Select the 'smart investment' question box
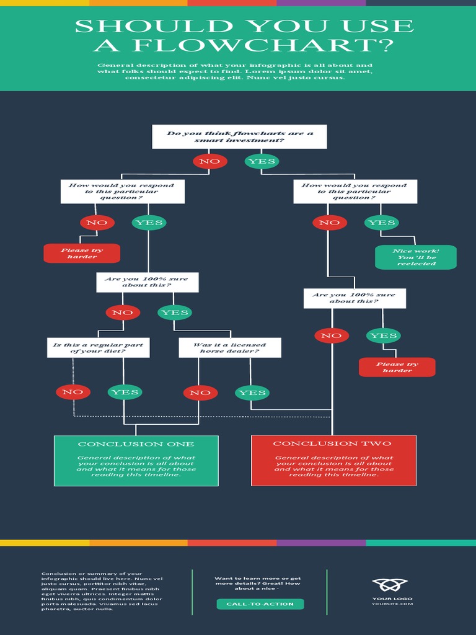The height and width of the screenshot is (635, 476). pyautogui.click(x=239, y=136)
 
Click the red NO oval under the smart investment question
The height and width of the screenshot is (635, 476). pyautogui.click(x=209, y=161)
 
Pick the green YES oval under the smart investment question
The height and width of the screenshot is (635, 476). pyautogui.click(x=262, y=161)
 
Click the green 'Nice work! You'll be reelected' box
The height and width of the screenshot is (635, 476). pyautogui.click(x=416, y=257)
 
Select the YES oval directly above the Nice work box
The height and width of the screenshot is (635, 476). pyautogui.click(x=381, y=222)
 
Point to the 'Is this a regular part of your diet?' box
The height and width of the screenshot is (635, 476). pyautogui.click(x=98, y=348)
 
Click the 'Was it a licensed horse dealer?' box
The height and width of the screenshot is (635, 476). pyautogui.click(x=229, y=348)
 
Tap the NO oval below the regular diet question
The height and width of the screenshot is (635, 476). pyautogui.click(x=73, y=392)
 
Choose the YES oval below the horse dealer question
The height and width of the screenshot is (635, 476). pyautogui.click(x=252, y=393)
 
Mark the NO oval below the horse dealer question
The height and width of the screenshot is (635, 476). pyautogui.click(x=200, y=393)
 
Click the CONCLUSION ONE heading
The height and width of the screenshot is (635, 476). pyautogui.click(x=136, y=444)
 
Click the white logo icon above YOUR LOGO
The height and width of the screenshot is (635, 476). pyautogui.click(x=390, y=585)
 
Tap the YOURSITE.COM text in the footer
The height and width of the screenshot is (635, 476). pyautogui.click(x=392, y=604)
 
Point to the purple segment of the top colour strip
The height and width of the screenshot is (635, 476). pyautogui.click(x=320, y=2)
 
